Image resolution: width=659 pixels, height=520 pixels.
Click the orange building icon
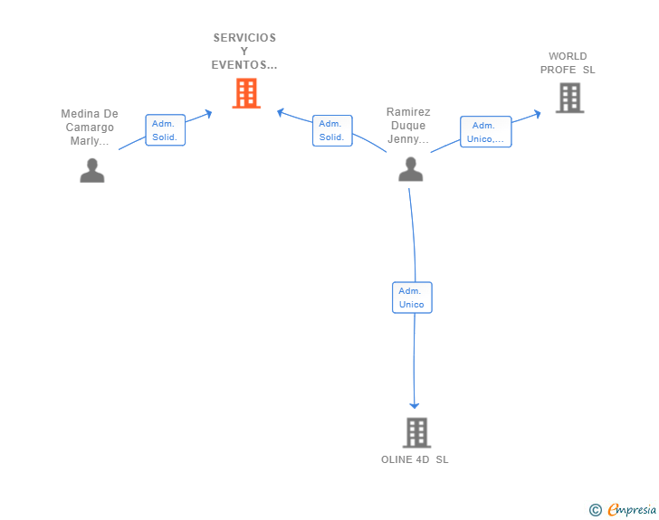coord(246,93)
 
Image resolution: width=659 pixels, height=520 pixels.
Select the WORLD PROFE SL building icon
coord(570,98)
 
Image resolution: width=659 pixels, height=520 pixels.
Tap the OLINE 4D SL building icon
coord(417,432)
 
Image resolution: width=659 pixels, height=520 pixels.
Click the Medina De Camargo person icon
coord(92,171)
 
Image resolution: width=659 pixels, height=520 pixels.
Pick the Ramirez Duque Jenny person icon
coord(411,169)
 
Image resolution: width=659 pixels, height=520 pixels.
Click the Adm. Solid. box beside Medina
coord(165,130)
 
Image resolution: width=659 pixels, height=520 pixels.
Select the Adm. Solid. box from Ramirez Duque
coord(332,130)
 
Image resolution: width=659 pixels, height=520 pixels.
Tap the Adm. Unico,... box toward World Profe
coord(486,132)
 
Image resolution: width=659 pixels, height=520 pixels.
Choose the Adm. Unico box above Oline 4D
coord(412,298)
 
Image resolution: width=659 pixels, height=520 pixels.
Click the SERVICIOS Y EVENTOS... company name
coord(244,52)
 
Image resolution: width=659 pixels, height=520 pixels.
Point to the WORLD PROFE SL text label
coord(568,63)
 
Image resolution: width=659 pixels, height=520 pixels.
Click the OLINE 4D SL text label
coord(415,459)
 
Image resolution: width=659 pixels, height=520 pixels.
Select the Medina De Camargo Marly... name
coord(90,128)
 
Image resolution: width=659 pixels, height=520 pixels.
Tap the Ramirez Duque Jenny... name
coord(408,126)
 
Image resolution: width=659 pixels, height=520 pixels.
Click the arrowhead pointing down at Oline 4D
coord(415,405)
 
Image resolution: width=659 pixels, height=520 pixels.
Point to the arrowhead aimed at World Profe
coord(537,114)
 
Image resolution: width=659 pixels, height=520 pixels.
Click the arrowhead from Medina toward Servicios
coord(208,113)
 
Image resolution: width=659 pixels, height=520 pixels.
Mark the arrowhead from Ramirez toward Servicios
coord(281,112)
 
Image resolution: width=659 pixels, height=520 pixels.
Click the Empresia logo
coord(632,509)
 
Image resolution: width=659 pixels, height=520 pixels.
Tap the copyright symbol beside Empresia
coord(595,510)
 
